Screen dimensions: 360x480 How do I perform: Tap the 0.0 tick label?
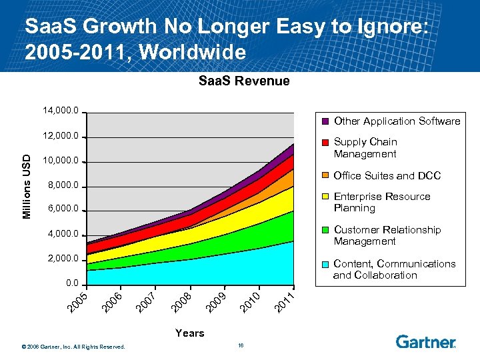(x=72, y=283)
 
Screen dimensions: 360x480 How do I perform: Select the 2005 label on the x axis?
(x=79, y=301)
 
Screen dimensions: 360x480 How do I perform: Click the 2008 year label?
(x=181, y=301)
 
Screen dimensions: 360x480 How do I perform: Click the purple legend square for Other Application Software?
(x=325, y=121)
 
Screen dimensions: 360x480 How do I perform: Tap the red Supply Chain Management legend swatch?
(x=325, y=143)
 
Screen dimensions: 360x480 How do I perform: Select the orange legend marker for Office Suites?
(x=325, y=176)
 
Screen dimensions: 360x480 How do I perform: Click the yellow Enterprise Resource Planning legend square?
(x=325, y=197)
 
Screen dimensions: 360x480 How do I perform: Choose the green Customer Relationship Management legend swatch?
(x=325, y=231)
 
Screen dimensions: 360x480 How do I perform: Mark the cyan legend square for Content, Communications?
(x=325, y=265)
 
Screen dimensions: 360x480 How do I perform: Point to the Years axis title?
(x=189, y=333)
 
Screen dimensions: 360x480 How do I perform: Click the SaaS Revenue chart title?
(x=244, y=81)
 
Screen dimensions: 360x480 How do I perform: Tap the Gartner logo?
(x=425, y=342)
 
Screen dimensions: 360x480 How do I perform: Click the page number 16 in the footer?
(x=240, y=345)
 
